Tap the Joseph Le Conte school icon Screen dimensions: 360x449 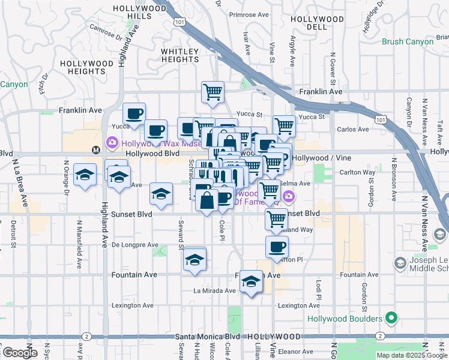400,263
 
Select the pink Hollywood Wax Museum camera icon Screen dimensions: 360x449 112,143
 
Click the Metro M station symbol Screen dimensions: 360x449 95,149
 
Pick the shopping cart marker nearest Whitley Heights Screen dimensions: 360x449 212,92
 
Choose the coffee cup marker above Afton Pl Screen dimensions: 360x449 277,247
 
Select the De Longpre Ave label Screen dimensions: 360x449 134,245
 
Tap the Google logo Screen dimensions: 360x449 20,353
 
